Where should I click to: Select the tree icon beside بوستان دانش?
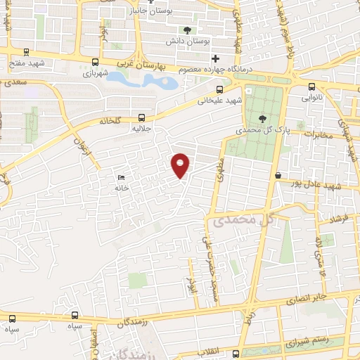187,30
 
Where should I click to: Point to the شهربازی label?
96,72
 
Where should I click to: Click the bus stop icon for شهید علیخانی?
220,89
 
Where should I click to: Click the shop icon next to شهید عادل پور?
278,174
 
